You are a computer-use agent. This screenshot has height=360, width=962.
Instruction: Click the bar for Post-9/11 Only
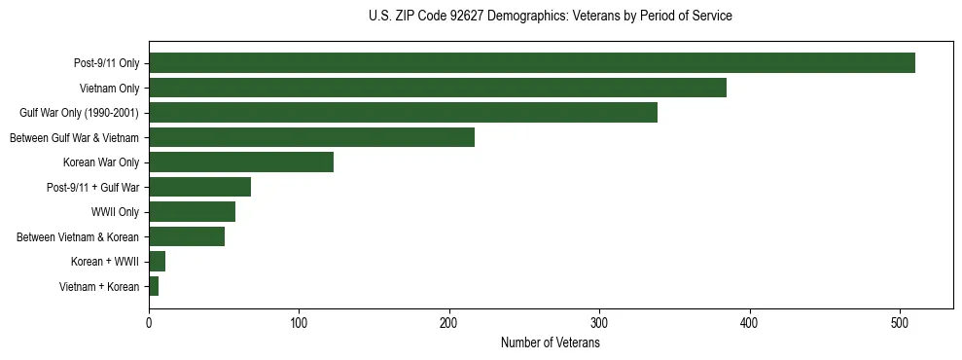[x=532, y=63]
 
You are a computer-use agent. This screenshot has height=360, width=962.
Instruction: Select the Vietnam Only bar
[x=438, y=88]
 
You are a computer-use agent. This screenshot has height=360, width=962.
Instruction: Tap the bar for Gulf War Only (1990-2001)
[x=403, y=113]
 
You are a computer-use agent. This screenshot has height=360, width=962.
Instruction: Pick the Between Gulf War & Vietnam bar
[x=311, y=137]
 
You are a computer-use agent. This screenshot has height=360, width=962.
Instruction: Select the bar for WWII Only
[x=192, y=212]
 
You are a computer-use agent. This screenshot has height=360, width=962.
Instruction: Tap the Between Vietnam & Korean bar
[x=187, y=236]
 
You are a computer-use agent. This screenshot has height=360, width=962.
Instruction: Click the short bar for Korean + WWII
[x=157, y=262]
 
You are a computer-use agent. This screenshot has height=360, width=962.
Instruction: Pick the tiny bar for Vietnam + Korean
[x=154, y=286]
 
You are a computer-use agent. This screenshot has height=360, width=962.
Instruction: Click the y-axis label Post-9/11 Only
[x=106, y=63]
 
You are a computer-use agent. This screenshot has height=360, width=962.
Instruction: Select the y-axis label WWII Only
[x=115, y=212]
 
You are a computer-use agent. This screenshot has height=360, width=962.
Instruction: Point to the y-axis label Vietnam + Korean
[x=99, y=286]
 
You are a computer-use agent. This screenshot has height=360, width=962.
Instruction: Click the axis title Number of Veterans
[x=550, y=342]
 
